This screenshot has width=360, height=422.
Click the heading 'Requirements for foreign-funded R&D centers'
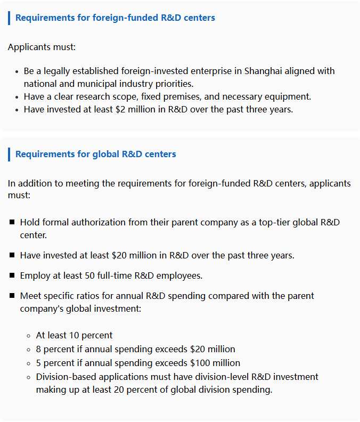115,18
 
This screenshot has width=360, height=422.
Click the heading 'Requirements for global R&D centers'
95,154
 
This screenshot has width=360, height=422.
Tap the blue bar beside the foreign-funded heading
9,18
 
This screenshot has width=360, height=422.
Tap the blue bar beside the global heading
9,154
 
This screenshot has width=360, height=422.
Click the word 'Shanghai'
263,71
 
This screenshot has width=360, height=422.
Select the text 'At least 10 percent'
74,335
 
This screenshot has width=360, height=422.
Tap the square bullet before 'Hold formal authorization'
12,222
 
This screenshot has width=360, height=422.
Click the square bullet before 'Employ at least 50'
12,275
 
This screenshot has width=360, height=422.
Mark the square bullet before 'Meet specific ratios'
12,295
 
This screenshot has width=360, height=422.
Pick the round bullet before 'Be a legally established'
17,71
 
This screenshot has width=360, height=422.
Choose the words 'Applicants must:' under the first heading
42,47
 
